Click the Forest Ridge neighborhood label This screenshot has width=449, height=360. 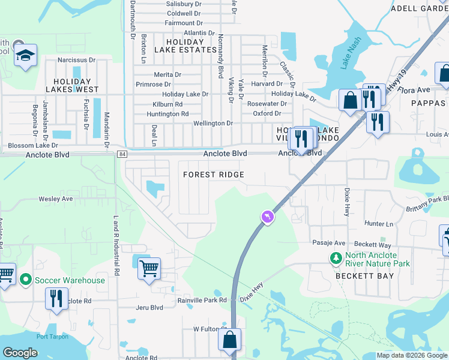click(x=214, y=175)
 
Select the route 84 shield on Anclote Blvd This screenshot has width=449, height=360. click(x=122, y=154)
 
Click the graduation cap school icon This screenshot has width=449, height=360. click(x=26, y=56)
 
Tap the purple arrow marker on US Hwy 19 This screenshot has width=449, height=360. click(x=268, y=217)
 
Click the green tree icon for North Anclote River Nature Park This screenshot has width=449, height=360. click(x=336, y=258)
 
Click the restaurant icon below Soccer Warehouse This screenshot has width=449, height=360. click(x=56, y=298)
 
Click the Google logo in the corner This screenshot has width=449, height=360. click(x=20, y=353)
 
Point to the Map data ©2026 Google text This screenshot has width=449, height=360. click(x=412, y=355)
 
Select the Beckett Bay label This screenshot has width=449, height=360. click(x=365, y=276)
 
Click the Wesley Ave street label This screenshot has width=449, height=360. click(x=55, y=199)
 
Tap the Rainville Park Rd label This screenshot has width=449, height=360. click(x=202, y=300)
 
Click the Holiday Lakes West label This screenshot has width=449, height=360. click(x=76, y=85)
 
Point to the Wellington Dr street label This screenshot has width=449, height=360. click(x=212, y=123)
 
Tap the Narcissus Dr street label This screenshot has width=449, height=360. click(x=76, y=60)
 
